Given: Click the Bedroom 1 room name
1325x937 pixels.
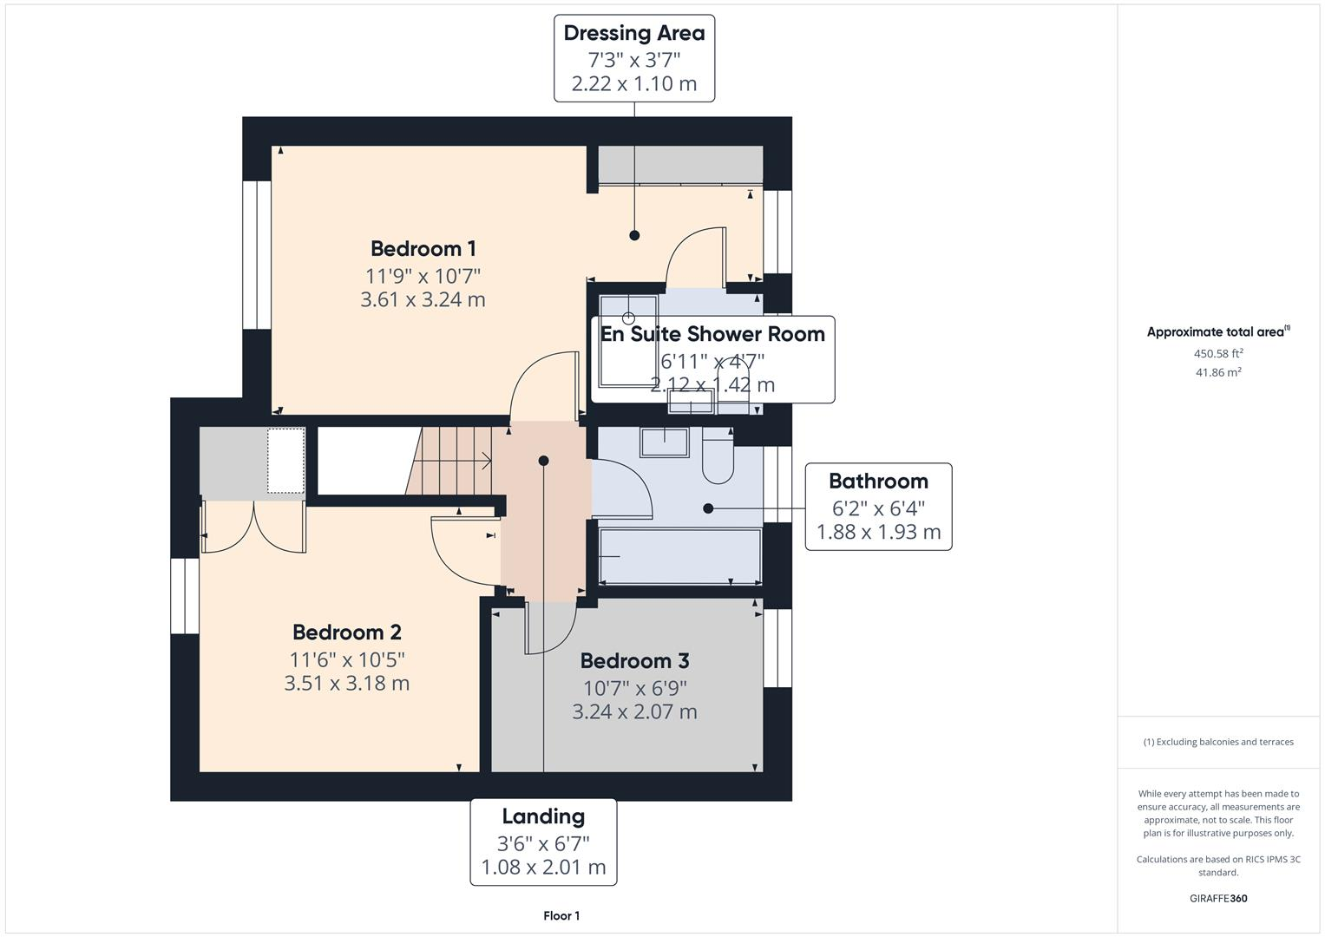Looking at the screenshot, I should [x=423, y=249].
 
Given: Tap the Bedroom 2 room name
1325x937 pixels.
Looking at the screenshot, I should [x=346, y=632].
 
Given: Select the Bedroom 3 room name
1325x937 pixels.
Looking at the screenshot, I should [x=634, y=661].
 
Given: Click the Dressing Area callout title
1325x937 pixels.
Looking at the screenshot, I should [x=634, y=33].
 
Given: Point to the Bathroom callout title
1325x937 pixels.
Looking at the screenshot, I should [x=878, y=482].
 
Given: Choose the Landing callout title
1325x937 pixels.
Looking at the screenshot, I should [x=543, y=816].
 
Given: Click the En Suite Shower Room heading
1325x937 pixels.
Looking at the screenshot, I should [x=712, y=334].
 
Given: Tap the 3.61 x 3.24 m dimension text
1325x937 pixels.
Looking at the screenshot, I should [x=423, y=300].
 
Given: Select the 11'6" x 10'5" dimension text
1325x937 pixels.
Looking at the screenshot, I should [x=346, y=659].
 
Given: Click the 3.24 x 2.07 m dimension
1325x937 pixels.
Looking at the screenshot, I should [x=634, y=712].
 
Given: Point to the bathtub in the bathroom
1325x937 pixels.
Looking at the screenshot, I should [x=679, y=556].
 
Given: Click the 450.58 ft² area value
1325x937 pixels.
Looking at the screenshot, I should [x=1218, y=354].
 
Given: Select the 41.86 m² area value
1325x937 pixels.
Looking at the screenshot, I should [x=1218, y=372].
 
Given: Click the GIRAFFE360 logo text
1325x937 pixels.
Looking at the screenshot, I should [x=1218, y=899].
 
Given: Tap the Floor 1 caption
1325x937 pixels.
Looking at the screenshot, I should [x=561, y=916].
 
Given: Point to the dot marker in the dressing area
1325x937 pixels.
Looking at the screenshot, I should [x=634, y=235].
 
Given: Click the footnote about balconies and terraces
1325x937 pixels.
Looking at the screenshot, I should [x=1218, y=742].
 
